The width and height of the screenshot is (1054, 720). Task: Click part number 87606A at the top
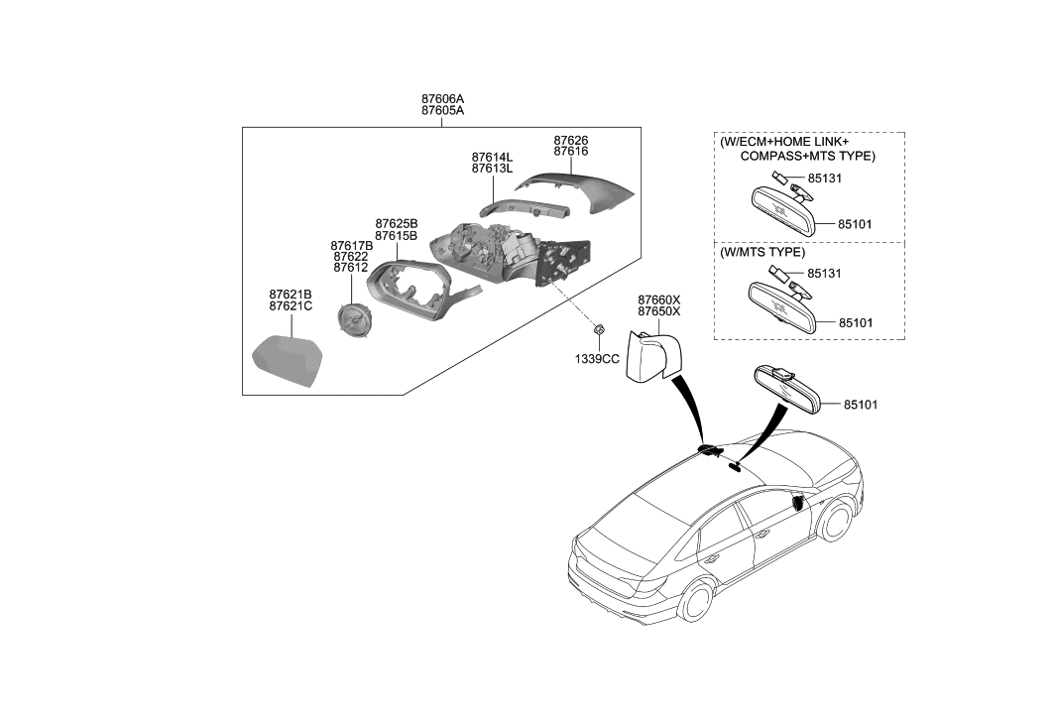[442, 99]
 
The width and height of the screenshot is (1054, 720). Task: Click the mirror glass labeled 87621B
[286, 364]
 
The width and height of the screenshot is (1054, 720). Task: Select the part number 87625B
[396, 224]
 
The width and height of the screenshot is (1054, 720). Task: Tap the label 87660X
[659, 299]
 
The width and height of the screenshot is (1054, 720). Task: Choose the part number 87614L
[492, 157]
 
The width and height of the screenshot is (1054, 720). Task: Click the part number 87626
[571, 141]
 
